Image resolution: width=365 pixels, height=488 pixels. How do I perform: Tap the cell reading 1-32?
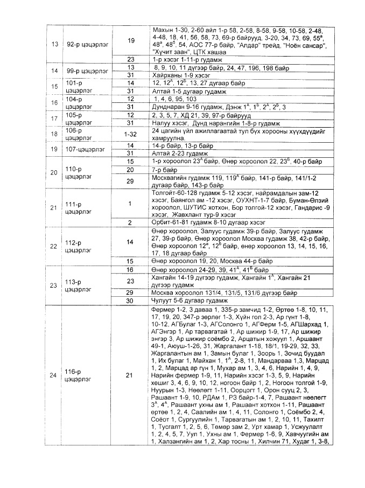pyautogui.click(x=130, y=134)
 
